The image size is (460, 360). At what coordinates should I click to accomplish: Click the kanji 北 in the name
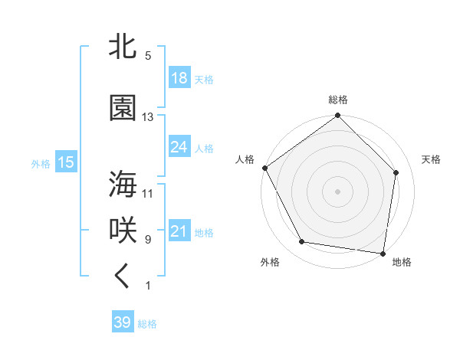[123, 47]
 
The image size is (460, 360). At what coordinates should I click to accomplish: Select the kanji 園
[123, 108]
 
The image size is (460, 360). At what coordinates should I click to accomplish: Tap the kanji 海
[123, 185]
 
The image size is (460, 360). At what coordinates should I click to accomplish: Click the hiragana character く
[123, 277]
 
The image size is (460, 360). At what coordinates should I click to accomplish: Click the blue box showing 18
[179, 78]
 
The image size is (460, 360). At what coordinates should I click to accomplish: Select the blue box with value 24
[179, 147]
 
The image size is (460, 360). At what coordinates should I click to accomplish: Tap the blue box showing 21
[179, 231]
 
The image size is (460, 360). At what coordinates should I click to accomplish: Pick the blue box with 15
[65, 162]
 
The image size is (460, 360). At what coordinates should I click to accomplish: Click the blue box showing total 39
[123, 322]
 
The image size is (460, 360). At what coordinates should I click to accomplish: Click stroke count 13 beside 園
[148, 117]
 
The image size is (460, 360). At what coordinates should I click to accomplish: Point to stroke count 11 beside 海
[148, 193]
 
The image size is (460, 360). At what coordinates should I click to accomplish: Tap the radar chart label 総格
[338, 100]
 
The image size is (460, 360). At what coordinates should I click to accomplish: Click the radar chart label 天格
[431, 159]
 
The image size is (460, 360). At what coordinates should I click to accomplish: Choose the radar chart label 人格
[245, 159]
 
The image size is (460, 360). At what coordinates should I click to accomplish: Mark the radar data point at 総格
[338, 116]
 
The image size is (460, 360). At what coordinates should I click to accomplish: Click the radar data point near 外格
[302, 242]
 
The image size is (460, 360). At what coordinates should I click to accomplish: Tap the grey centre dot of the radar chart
[338, 191]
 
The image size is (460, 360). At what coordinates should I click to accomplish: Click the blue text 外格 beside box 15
[40, 162]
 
